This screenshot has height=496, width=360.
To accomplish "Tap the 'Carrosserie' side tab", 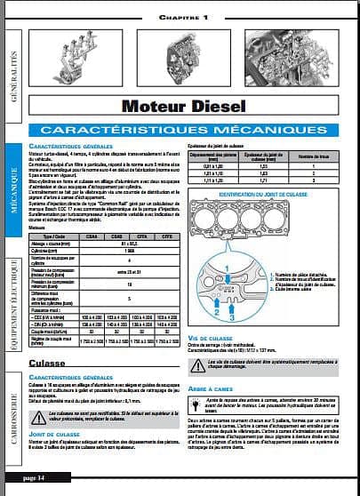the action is coord(12,409).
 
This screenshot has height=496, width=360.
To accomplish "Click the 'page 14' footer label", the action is coord(39,478).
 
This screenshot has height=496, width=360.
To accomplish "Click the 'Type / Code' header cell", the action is coord(52,237).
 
